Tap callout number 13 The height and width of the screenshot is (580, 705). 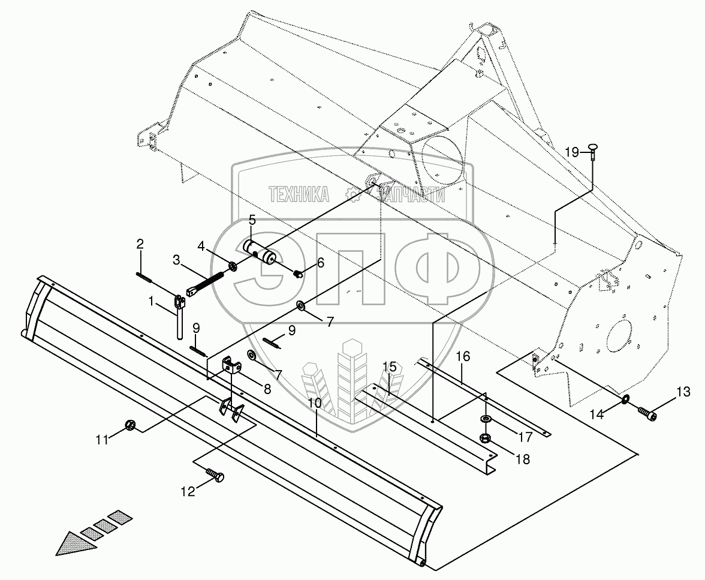[683, 392]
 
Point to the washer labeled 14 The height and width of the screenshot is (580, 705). [625, 399]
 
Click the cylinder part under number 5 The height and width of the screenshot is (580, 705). [260, 252]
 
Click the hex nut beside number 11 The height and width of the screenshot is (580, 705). [129, 426]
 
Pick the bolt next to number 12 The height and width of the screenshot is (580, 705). [216, 476]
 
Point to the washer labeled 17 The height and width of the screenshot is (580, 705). [485, 418]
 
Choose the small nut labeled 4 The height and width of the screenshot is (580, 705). [234, 265]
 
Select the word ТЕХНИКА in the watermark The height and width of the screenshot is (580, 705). [299, 194]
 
